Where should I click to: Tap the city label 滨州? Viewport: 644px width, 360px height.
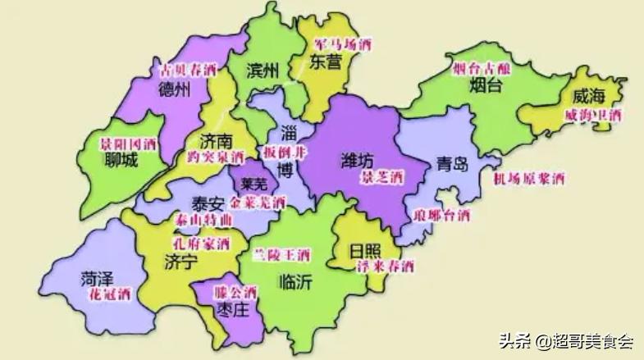tap(264, 71)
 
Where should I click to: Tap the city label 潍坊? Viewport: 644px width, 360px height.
tap(359, 160)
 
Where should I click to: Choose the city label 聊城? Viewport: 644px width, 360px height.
tap(121, 161)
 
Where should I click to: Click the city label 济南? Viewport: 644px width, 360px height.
tap(216, 140)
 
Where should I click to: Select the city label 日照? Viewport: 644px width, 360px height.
tap(366, 249)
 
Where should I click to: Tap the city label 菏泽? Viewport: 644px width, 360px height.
tap(97, 277)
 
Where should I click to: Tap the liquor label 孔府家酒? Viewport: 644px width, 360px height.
tap(198, 244)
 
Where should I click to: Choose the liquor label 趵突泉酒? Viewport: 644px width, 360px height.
tap(216, 156)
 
